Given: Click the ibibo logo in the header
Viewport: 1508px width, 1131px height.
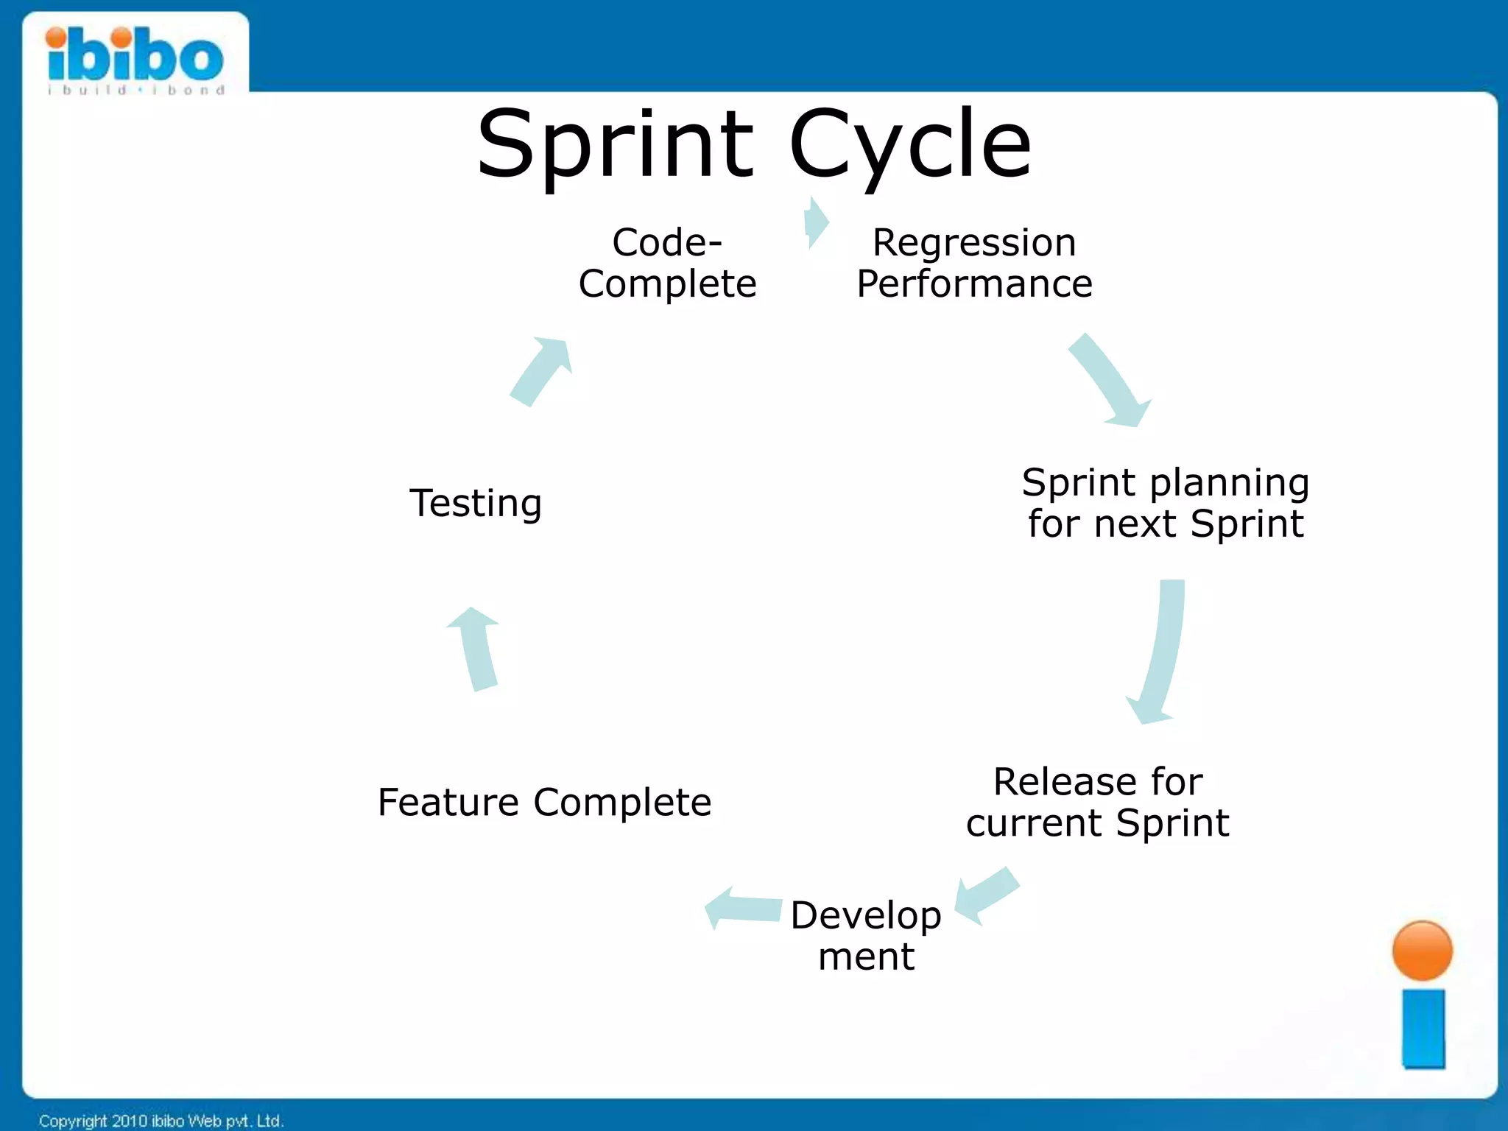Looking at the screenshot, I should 135,59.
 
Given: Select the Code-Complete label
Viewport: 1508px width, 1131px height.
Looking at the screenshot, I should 667,263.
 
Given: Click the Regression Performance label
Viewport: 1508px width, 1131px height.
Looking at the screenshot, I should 973,263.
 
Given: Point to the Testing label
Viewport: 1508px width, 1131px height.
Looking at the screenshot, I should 476,503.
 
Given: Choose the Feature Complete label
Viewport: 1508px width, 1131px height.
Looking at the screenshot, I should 544,802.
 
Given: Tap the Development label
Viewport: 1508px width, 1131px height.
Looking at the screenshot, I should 866,935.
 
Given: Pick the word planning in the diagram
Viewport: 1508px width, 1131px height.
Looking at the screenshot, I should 1229,483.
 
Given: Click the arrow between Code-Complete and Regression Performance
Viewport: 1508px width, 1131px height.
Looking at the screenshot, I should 816,222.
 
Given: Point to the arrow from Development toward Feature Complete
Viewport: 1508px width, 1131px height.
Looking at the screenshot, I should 742,909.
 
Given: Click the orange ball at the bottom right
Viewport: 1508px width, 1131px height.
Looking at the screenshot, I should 1422,951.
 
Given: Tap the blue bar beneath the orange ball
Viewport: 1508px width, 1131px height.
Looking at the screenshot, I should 1423,1028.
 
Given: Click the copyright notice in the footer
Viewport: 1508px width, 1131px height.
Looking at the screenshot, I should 161,1121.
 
